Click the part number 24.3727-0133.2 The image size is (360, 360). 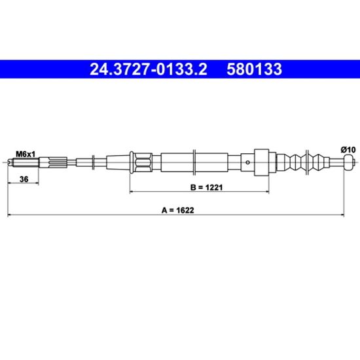(149, 69)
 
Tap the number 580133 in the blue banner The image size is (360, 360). (254, 69)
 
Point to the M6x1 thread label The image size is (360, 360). (26, 154)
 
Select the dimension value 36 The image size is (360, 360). (24, 179)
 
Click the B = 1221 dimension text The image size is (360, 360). (206, 187)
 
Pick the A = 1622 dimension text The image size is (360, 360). (177, 210)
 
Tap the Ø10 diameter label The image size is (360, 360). (348, 150)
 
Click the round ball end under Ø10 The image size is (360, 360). (348, 162)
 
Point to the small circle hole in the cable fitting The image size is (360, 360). (247, 162)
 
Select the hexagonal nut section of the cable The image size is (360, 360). (144, 162)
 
